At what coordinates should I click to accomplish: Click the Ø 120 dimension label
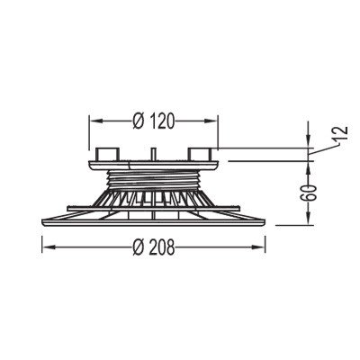(153, 121)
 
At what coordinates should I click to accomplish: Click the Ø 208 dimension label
(153, 247)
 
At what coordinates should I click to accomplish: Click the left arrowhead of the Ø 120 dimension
(95, 121)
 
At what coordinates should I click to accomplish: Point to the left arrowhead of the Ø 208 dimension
(49, 247)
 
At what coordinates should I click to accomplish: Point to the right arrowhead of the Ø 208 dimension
(259, 247)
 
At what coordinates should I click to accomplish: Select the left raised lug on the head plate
(105, 154)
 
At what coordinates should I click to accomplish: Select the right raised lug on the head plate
(199, 154)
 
